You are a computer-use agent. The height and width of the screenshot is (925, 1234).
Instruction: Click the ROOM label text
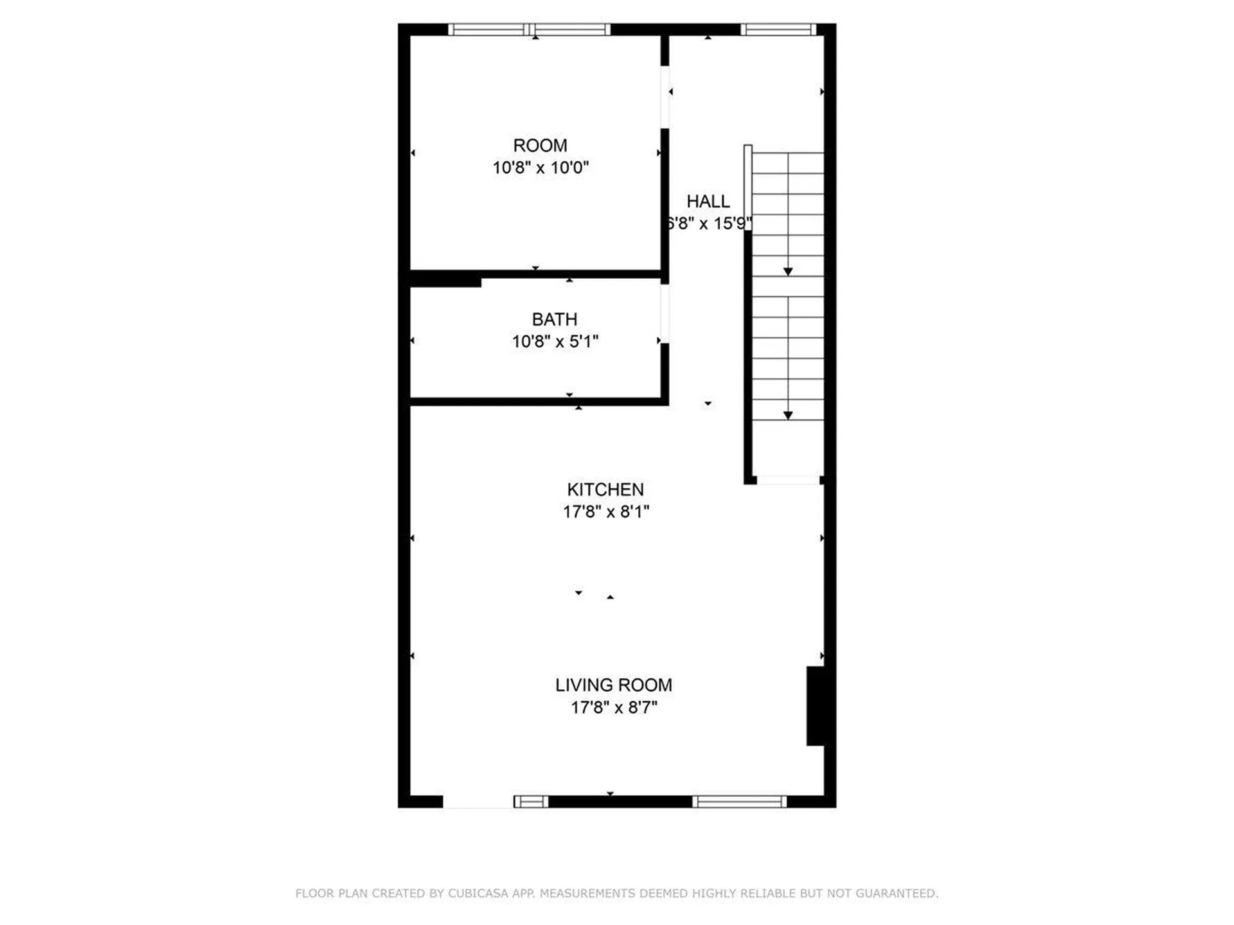click(x=540, y=146)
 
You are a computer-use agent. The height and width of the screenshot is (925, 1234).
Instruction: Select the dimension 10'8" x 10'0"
click(x=540, y=168)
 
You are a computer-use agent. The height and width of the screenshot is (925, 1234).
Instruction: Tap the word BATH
click(x=554, y=319)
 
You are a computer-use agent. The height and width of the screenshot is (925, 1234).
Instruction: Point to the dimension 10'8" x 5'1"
click(x=555, y=341)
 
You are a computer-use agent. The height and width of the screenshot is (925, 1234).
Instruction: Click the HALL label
click(x=708, y=202)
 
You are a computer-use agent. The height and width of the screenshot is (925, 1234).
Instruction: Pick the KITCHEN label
click(x=605, y=489)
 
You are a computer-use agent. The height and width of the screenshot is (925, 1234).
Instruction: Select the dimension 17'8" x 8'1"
click(x=606, y=511)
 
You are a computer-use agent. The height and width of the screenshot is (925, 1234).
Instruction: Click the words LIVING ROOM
click(x=613, y=685)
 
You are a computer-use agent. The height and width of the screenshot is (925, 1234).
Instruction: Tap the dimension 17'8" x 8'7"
click(x=614, y=707)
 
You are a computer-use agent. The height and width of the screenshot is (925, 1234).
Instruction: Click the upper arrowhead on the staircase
click(x=788, y=272)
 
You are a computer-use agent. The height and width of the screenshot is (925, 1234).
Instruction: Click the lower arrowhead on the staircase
click(x=788, y=416)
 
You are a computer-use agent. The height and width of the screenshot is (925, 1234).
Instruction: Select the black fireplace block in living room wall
click(x=816, y=706)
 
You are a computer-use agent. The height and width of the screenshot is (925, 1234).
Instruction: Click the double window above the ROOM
click(x=529, y=30)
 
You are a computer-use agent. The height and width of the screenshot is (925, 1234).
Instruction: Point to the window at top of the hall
click(x=778, y=30)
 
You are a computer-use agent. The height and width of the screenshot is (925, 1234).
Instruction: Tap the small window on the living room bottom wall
click(x=531, y=801)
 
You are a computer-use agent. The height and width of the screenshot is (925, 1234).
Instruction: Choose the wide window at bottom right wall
click(x=739, y=801)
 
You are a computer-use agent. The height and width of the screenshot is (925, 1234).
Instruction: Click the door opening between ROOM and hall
click(x=665, y=97)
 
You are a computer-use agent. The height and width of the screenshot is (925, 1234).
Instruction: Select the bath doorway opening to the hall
click(x=665, y=313)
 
